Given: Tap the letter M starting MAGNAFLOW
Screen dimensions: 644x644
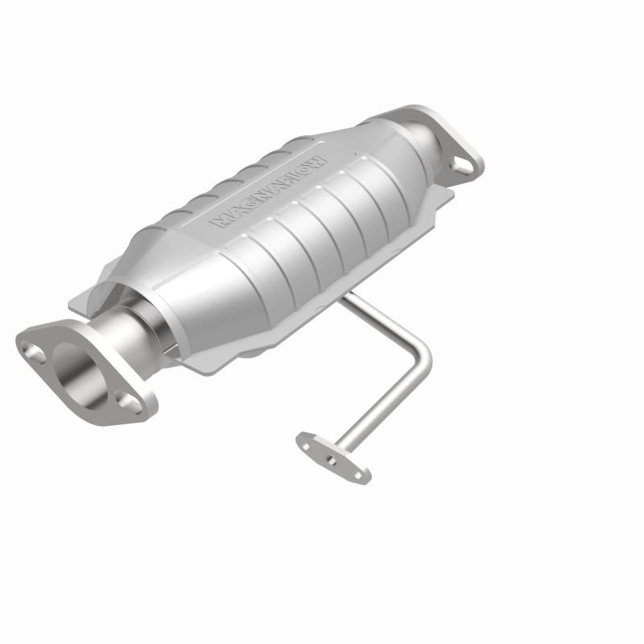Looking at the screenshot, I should pos(218,220).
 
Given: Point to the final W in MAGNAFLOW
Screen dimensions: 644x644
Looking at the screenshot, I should pos(320,158).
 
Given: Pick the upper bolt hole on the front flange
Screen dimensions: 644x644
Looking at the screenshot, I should pos(34,350).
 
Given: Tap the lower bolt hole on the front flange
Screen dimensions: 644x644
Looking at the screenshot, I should pos(125,398).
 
